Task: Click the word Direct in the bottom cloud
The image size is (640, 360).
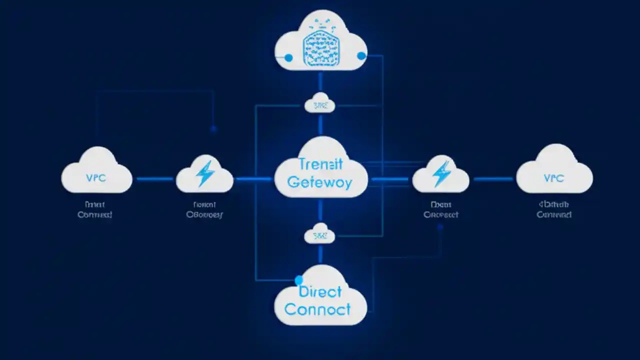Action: tap(320, 291)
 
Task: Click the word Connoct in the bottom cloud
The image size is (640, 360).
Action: tap(317, 309)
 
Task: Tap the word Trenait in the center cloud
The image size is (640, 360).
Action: tap(320, 164)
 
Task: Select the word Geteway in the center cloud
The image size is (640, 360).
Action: tap(320, 182)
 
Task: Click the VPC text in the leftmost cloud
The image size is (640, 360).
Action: tap(96, 178)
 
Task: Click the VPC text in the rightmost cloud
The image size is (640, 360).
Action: tap(553, 178)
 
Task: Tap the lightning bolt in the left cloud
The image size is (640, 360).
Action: tap(205, 173)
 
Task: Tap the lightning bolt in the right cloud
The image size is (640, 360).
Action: tap(441, 173)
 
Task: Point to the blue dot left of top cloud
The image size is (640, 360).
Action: tap(288, 58)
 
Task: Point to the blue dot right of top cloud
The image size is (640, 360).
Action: tap(361, 56)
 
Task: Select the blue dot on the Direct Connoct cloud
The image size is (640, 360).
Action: tap(299, 279)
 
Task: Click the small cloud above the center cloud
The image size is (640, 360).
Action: tap(319, 103)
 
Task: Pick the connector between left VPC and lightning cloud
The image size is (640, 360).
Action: tap(154, 178)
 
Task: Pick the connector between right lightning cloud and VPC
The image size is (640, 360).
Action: tap(492, 178)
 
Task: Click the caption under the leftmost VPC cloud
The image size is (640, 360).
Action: tap(95, 209)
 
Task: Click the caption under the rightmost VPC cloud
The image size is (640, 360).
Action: tap(554, 209)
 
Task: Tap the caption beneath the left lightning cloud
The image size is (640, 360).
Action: tap(204, 209)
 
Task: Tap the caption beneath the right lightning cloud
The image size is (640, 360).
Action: tap(441, 209)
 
